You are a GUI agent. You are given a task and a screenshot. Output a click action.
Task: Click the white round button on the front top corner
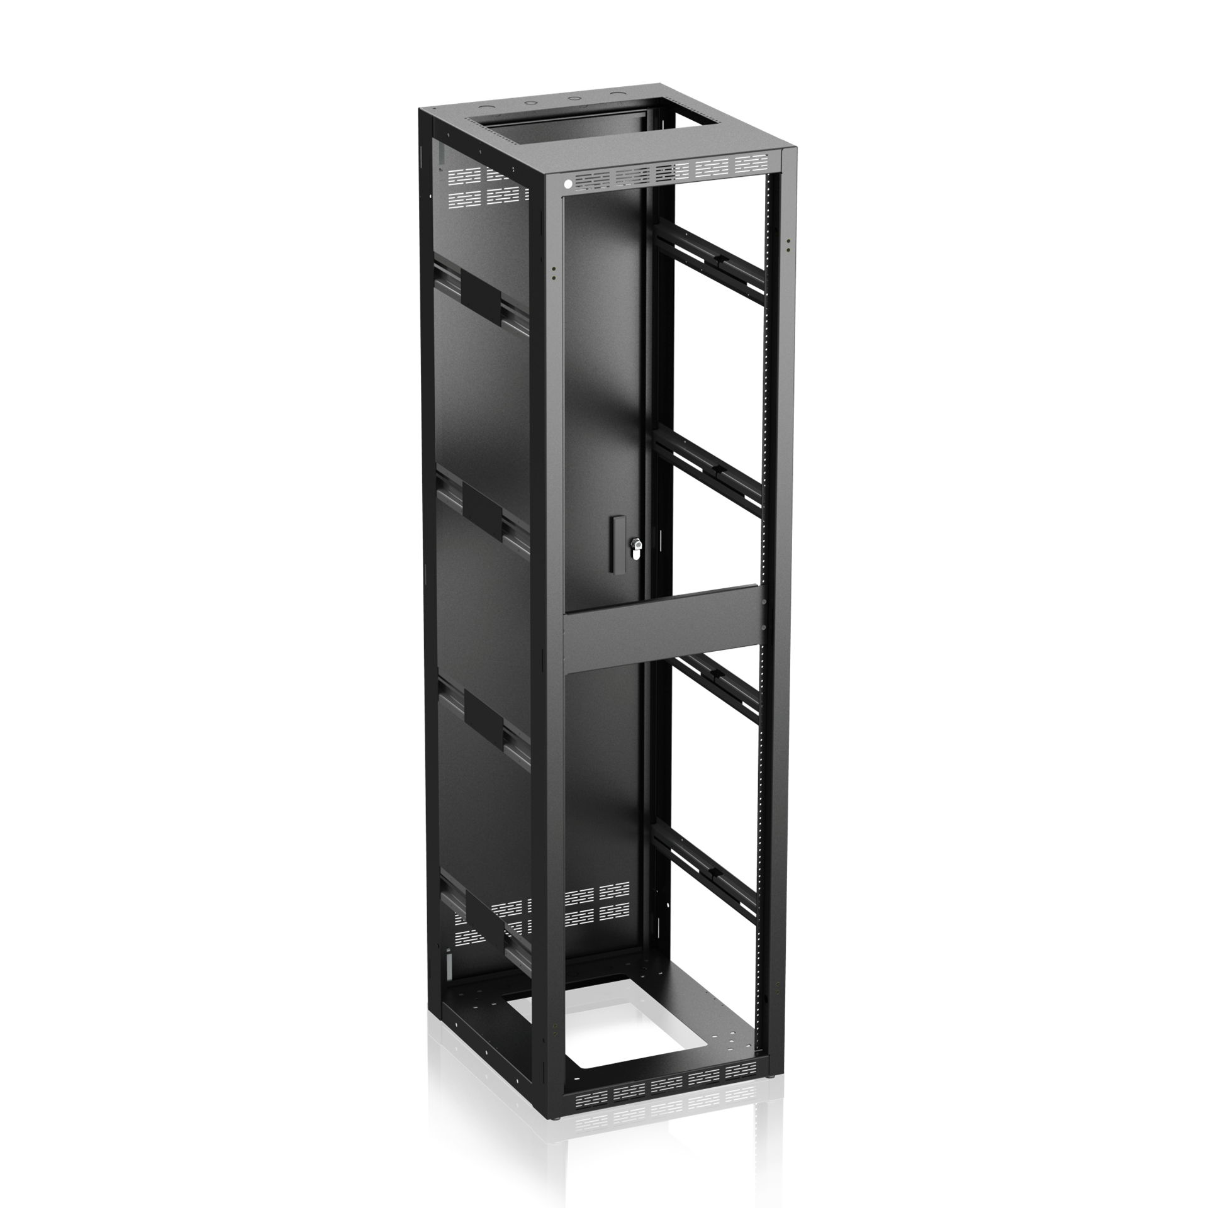(568, 184)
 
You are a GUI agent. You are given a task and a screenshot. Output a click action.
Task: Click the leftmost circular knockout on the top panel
(525, 100)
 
